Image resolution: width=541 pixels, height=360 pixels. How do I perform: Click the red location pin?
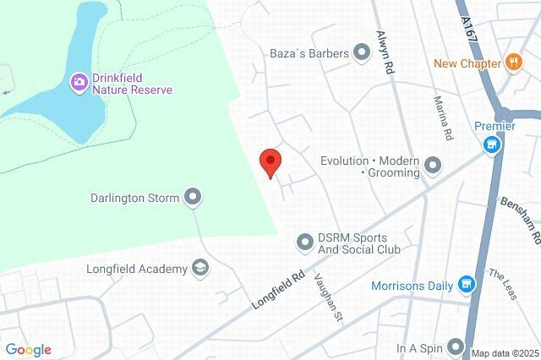tap(270, 161)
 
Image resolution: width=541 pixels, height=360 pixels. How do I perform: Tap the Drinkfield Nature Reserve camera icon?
tap(79, 82)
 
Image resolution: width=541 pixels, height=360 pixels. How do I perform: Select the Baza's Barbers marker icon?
tap(363, 54)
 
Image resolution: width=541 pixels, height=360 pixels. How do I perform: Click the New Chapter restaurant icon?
tap(512, 63)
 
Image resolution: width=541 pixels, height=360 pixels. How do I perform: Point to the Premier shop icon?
tap(490, 145)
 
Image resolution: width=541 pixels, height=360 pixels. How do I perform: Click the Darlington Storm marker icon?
tap(193, 199)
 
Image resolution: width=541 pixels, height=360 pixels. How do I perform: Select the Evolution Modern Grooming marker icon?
tap(434, 166)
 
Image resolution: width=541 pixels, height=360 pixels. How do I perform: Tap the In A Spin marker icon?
tap(456, 346)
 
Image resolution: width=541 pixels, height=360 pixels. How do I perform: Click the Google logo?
tap(29, 350)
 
